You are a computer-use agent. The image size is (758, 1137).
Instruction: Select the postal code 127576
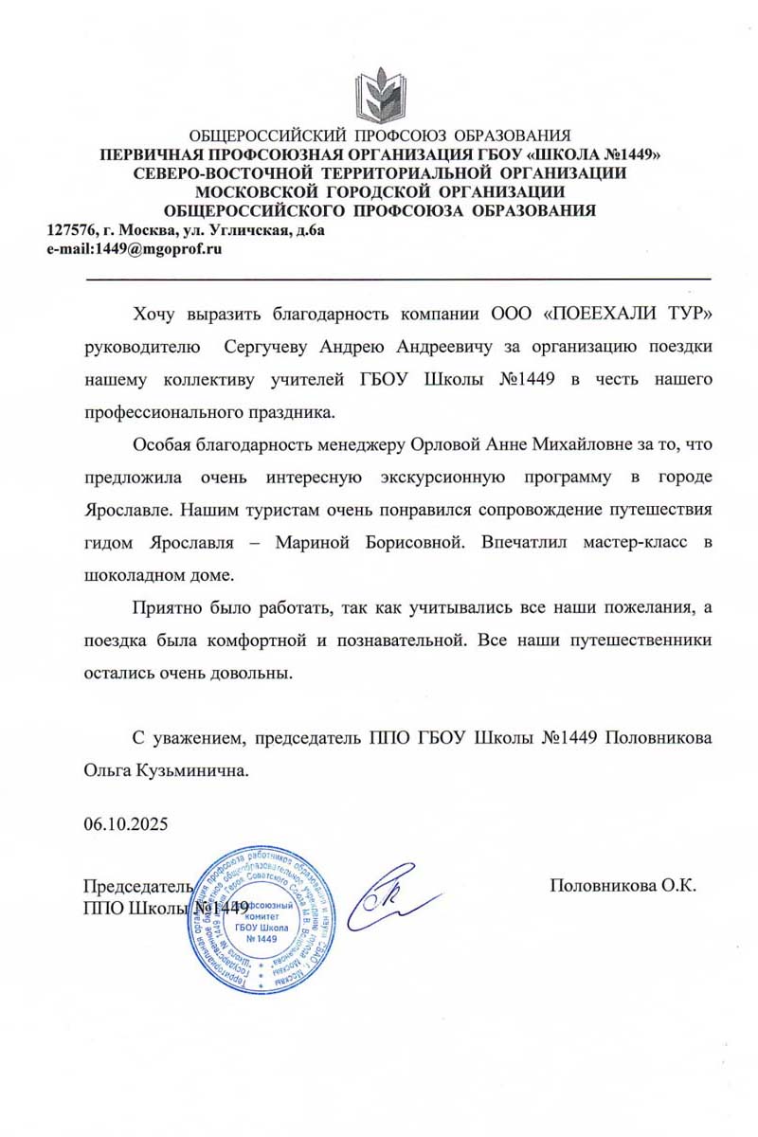click(70, 230)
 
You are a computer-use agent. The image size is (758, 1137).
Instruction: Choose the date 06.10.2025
click(125, 823)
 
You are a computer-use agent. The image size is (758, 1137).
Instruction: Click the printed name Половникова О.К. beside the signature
click(623, 886)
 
